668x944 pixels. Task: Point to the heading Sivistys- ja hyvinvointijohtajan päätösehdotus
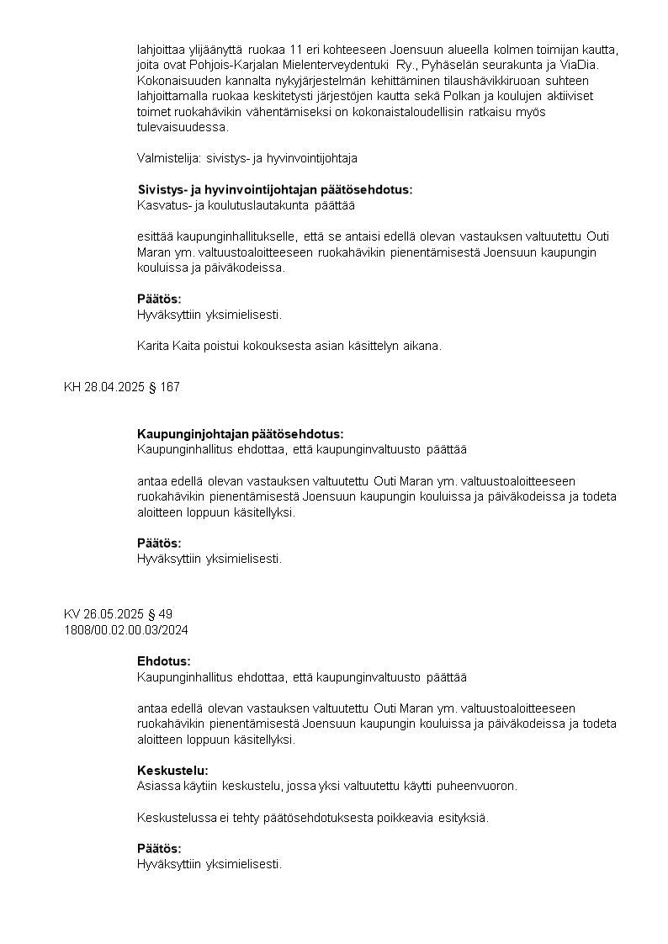point(274,189)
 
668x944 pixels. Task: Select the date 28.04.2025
point(113,387)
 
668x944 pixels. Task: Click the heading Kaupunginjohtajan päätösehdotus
point(240,434)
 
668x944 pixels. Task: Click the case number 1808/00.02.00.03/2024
point(125,628)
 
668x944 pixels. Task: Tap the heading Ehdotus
point(163,661)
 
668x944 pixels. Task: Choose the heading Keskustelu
point(172,770)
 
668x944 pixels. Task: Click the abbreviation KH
point(72,387)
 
